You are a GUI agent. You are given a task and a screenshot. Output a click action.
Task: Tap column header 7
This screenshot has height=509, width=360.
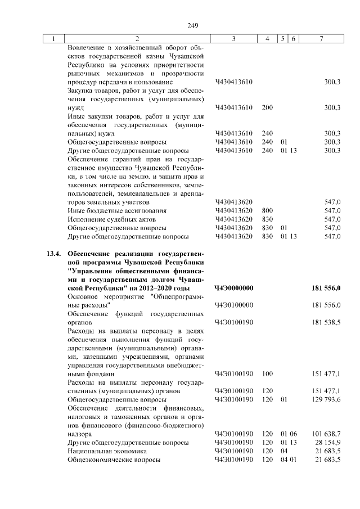click(321, 38)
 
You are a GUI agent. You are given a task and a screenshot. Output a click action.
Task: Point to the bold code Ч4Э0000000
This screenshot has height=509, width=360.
click(234, 288)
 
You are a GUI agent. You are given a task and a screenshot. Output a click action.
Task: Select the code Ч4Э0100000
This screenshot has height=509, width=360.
click(234, 305)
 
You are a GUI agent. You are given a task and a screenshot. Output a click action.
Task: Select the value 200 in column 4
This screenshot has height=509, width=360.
click(267, 107)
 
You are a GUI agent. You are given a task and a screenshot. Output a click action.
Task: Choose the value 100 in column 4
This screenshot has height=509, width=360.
click(267, 373)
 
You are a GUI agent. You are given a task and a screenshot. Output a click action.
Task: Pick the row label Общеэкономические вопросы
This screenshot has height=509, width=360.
click(114, 460)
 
